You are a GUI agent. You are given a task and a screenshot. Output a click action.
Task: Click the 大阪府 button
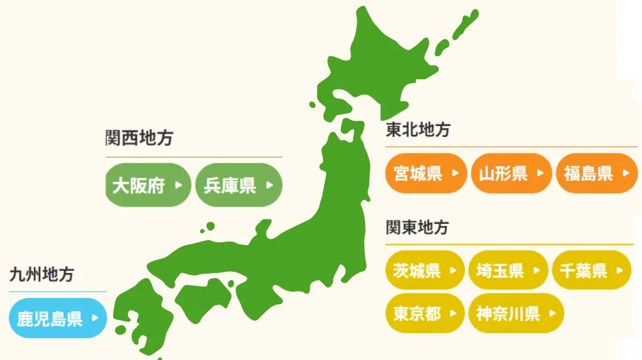[148, 185]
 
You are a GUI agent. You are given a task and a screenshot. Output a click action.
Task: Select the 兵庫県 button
[239, 185]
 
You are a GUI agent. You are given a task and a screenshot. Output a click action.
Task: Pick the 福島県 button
[597, 173]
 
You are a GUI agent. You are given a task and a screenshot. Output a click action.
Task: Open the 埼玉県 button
[508, 270]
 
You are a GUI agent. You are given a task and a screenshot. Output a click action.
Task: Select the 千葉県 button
[591, 270]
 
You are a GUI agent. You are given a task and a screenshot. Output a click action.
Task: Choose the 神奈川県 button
[516, 313]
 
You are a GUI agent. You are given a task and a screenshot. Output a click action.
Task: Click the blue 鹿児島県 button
[58, 318]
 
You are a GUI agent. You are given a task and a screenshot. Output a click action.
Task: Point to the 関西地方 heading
[139, 138]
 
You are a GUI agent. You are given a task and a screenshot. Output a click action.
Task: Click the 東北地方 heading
[418, 130]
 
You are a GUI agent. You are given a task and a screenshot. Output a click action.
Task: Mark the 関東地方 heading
[417, 228]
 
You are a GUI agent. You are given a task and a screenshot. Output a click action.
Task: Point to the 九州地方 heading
[42, 275]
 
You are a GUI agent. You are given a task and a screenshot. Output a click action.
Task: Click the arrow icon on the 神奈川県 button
[551, 313]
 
